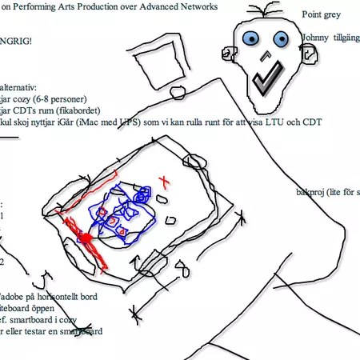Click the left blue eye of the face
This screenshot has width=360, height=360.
pyautogui.click(x=253, y=38)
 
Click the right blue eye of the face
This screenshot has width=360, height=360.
pyautogui.click(x=281, y=38)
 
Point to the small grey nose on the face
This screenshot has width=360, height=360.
pyautogui.click(x=266, y=57)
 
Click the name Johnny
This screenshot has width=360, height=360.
pyautogui.click(x=317, y=37)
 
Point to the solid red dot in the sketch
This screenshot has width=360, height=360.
pyautogui.click(x=83, y=238)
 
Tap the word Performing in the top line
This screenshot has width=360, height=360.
pyautogui.click(x=41, y=7)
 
